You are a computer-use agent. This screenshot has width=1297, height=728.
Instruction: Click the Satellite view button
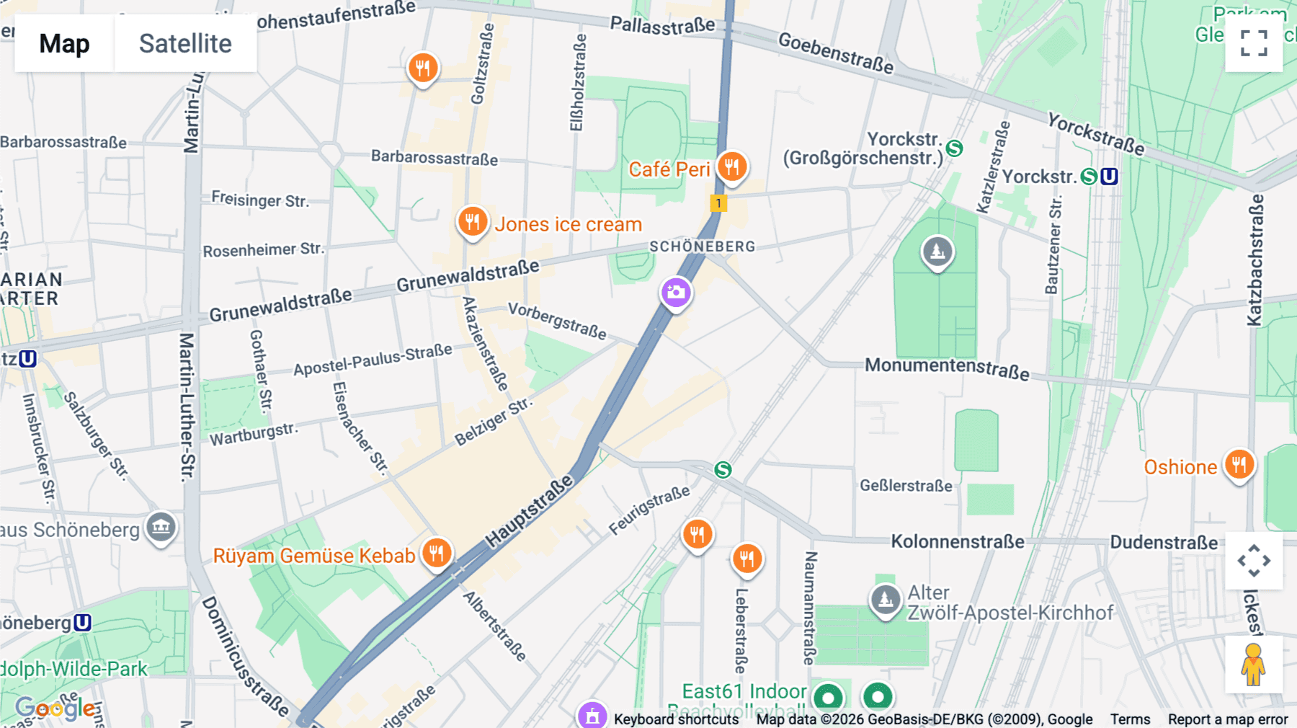click(185, 43)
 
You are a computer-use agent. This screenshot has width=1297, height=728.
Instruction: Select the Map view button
click(64, 43)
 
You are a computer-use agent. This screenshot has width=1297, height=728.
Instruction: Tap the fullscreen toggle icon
click(1253, 43)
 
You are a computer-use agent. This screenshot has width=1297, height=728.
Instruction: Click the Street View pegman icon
click(1253, 664)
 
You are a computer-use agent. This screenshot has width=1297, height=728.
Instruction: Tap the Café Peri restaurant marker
click(731, 167)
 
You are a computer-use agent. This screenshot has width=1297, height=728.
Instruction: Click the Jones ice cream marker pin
click(473, 221)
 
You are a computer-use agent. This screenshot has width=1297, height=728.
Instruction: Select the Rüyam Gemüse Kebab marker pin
click(437, 554)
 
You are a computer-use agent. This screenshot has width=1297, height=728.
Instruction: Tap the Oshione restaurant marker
click(1239, 465)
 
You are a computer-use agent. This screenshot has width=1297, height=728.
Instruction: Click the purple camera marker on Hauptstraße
click(676, 293)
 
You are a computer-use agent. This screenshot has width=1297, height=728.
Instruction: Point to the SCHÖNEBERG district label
click(703, 247)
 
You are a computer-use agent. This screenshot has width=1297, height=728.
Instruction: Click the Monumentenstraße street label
click(947, 368)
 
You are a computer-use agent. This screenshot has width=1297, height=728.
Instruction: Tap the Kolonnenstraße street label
click(957, 541)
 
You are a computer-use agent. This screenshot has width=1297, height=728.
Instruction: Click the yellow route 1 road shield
click(718, 203)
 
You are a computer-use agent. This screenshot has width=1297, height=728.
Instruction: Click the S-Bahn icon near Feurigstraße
click(723, 470)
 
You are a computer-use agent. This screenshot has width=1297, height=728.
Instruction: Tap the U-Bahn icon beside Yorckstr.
click(1110, 177)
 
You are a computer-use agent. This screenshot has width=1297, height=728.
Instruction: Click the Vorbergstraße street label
click(557, 320)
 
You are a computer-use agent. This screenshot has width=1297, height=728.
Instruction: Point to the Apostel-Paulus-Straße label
click(373, 359)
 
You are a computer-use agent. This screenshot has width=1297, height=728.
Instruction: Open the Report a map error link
click(1227, 719)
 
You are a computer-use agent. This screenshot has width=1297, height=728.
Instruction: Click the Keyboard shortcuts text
click(676, 719)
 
